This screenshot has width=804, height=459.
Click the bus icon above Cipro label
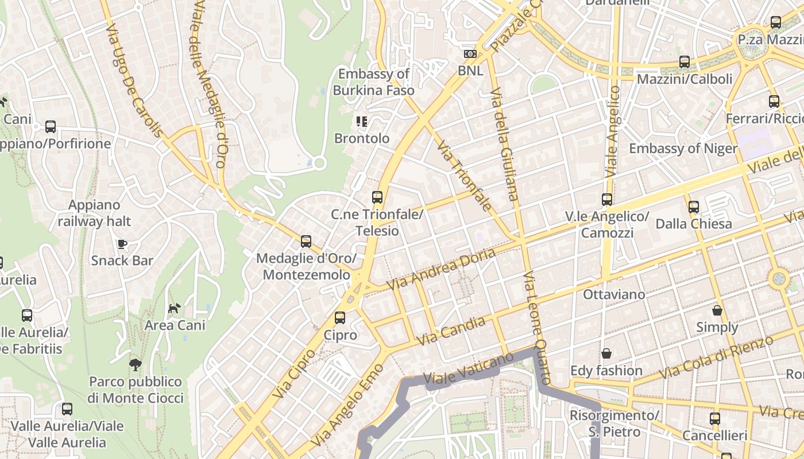coord(340,317)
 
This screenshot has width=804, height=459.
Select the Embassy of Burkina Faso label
coord(373,82)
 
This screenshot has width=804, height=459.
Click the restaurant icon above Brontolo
coord(362,121)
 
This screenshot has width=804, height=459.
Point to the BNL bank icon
coord(470,54)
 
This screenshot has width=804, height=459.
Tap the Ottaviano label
coord(614,294)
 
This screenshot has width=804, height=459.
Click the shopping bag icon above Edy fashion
coord(606,353)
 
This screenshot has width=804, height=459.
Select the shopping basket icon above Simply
coord(717,310)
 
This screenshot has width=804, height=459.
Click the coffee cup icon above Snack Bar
coord(122,244)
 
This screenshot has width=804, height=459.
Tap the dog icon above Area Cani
coord(175,309)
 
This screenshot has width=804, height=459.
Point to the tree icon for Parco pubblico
coord(136,364)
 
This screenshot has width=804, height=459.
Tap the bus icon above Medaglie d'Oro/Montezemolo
coord(306,242)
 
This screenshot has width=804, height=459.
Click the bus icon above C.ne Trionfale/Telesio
coord(377,197)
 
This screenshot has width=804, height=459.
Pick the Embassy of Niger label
coord(683,149)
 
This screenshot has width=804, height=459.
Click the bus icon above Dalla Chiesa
coord(694,207)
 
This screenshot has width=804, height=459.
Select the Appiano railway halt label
coord(94,213)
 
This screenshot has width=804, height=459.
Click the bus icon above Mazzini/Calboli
coord(685,62)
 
